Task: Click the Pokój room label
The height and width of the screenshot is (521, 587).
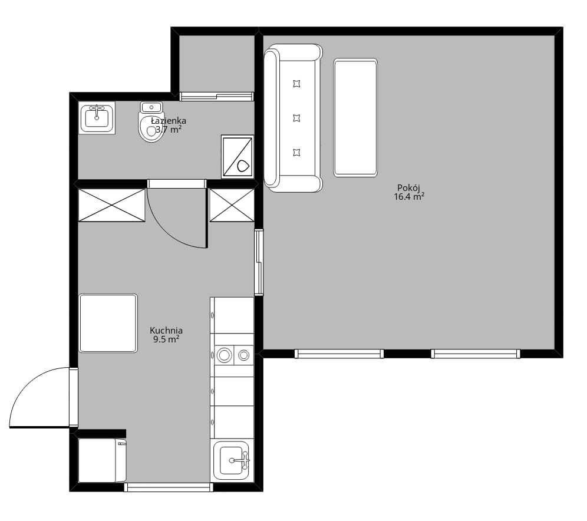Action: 408,188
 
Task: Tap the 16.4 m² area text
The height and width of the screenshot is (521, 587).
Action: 409,197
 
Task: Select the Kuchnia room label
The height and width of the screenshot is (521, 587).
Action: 166,331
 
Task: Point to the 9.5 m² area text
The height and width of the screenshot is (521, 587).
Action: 166,339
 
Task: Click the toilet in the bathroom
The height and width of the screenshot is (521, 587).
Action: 151,123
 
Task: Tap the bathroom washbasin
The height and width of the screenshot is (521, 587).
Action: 97,117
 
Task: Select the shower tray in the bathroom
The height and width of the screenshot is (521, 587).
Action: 238,156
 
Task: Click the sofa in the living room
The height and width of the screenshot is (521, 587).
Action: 293,118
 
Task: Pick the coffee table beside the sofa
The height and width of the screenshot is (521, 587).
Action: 355,117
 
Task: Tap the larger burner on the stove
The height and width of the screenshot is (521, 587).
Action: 224,355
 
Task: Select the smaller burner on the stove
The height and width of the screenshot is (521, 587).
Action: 244,355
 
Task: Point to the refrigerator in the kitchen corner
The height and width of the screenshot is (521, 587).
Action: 102,460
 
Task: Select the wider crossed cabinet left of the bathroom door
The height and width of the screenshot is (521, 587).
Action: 111,205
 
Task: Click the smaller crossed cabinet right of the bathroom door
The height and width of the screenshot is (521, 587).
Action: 232,205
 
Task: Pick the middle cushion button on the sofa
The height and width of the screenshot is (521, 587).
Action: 296,118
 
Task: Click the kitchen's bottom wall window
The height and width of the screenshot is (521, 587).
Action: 169,487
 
